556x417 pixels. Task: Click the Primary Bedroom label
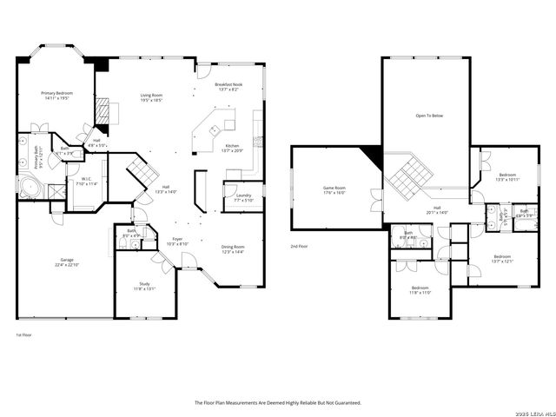57,95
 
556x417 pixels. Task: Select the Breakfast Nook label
228,86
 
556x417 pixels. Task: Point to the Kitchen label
232,148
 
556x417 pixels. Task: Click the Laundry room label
243,197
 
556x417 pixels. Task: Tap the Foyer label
177,241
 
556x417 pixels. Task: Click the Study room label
144,286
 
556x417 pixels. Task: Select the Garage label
67,262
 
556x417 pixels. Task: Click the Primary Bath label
37,157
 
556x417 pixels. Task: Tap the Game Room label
334,190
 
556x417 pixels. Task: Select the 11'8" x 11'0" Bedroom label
420,290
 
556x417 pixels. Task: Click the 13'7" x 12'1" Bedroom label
503,259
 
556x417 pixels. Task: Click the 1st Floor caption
23,334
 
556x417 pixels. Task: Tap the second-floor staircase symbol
408,176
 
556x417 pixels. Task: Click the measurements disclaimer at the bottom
277,402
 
